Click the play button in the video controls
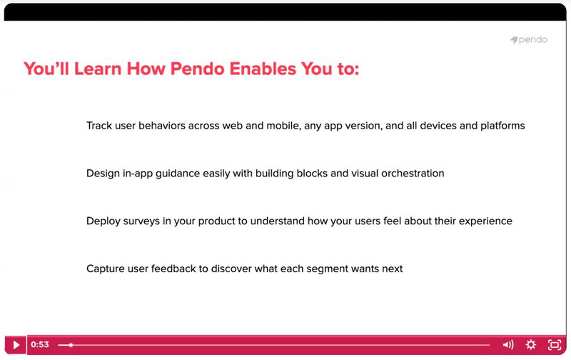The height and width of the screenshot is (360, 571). (x=16, y=345)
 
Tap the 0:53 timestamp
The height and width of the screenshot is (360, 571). (x=40, y=345)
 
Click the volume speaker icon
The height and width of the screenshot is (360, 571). (x=507, y=345)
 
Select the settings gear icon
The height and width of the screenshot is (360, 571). (x=531, y=345)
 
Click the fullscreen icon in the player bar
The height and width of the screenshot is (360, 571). (x=554, y=345)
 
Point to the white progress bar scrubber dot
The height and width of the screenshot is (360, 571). (x=70, y=345)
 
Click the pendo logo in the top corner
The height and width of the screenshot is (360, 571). (x=529, y=40)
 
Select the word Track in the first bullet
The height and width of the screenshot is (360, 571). (x=99, y=126)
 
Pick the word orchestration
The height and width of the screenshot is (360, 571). (x=409, y=174)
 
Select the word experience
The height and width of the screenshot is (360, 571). (x=485, y=221)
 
